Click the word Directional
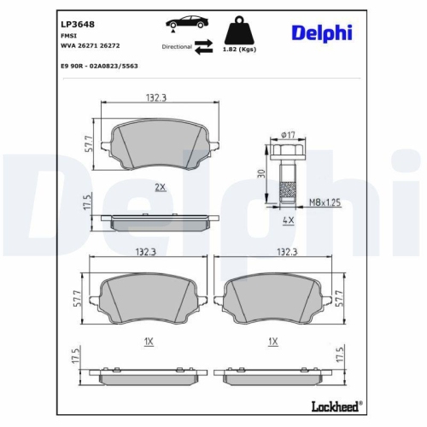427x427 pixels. [x=177, y=49]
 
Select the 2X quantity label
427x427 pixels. [x=159, y=186]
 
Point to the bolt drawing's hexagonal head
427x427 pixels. [x=288, y=152]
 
